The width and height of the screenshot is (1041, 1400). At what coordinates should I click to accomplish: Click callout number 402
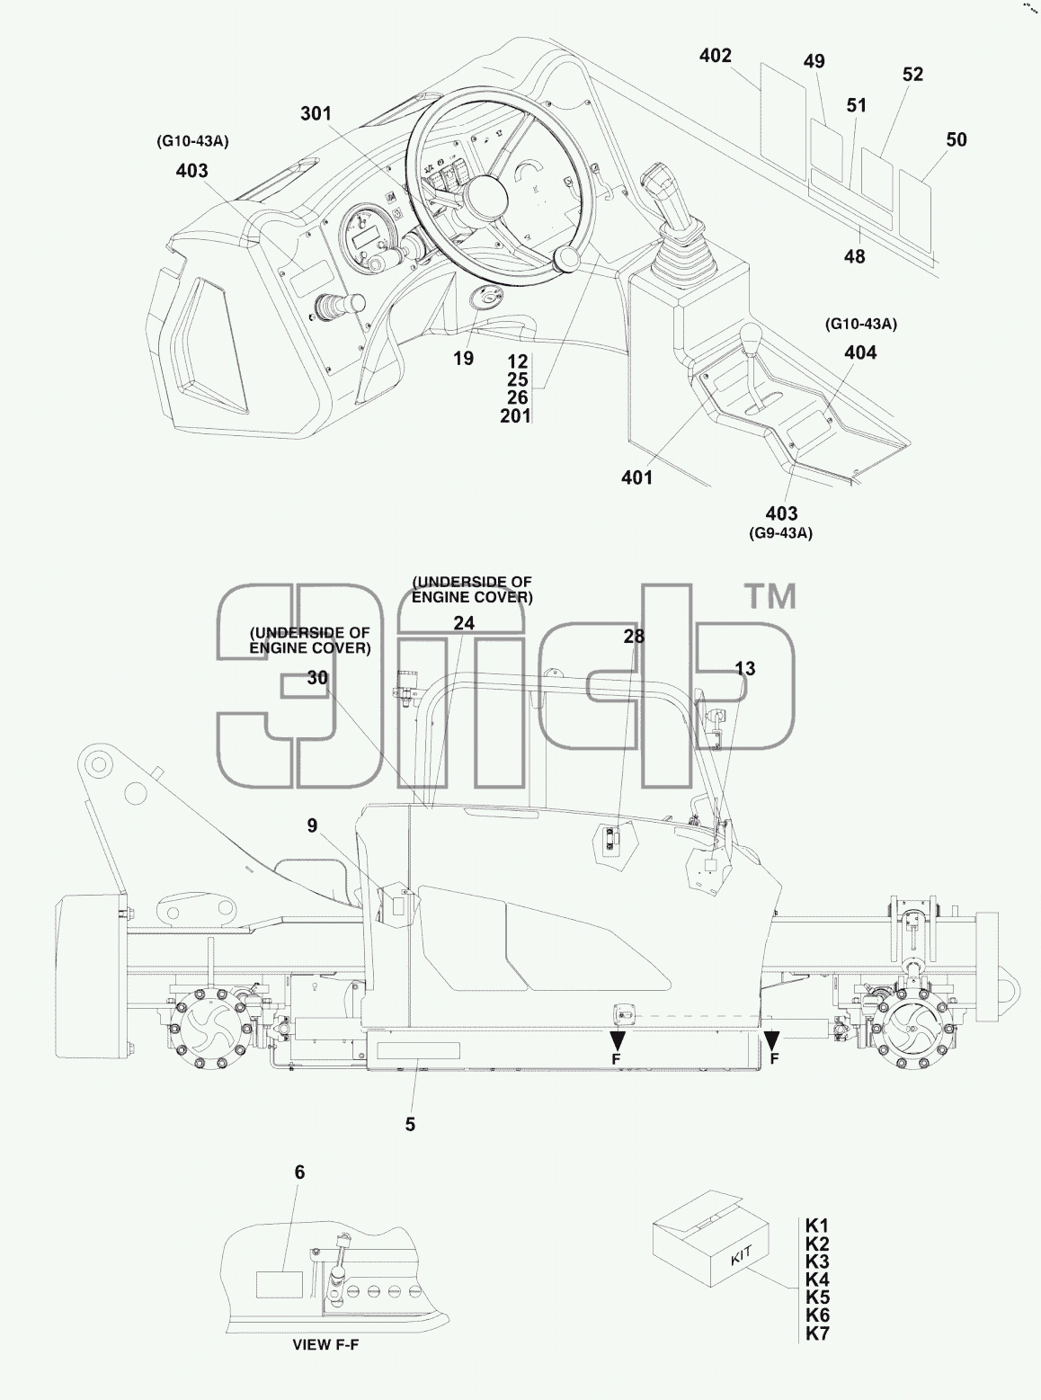point(716,56)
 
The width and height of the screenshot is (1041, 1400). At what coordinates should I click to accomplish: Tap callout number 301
point(316,113)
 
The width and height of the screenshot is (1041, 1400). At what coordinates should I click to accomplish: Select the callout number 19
point(463,359)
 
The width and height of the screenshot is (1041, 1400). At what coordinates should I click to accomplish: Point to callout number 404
point(860,352)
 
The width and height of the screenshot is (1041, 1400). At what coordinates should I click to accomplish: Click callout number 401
point(636,478)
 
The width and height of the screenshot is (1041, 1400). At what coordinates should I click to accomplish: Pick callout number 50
point(956,139)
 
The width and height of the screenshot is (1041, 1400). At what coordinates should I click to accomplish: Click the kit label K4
point(817,1280)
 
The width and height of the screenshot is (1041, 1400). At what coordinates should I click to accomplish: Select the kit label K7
point(817,1333)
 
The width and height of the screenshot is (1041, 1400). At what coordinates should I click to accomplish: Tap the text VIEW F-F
point(325,1345)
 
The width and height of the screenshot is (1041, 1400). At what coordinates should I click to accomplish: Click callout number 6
point(299,1173)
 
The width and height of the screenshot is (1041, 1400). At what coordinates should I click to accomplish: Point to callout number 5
point(410,1124)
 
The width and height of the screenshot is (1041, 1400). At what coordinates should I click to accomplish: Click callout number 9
point(313,825)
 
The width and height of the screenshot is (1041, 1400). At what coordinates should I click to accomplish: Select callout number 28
point(634,637)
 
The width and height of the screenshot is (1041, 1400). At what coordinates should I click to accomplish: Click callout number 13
point(745,669)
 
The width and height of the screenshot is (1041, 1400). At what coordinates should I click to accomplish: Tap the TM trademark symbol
point(771,597)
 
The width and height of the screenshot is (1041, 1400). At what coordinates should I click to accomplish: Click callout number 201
point(516,416)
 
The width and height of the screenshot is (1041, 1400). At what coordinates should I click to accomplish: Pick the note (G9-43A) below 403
point(781,533)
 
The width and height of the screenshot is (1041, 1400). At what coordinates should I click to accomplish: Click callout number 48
point(855,257)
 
